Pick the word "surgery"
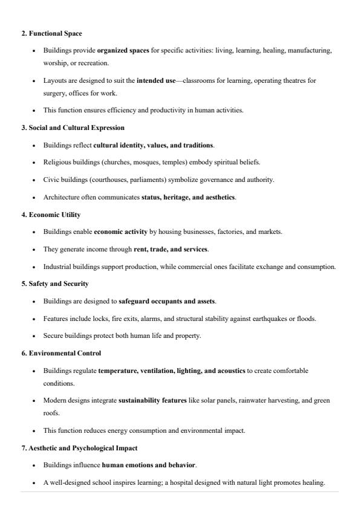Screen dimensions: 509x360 pos(54,92)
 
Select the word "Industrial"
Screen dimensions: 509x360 pos(57,267)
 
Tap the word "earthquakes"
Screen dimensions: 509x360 pos(263,319)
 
